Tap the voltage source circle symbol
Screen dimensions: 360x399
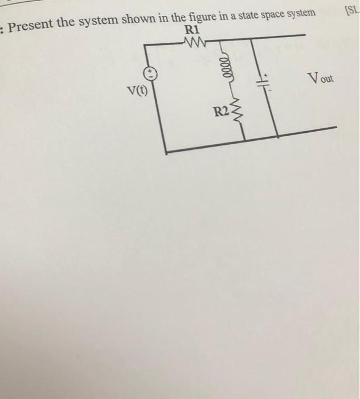tap(150, 72)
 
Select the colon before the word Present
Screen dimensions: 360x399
tap(3, 27)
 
